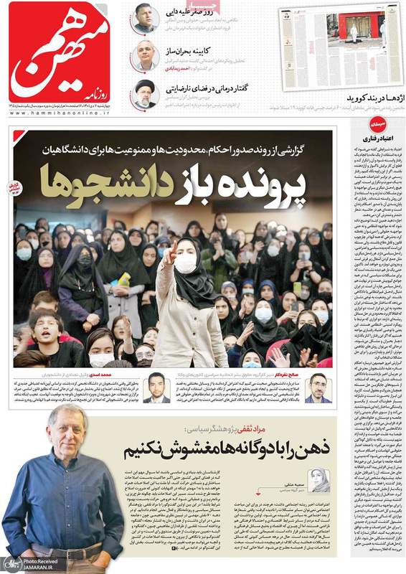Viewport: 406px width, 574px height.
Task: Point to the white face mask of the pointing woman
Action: [x=187, y=263]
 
